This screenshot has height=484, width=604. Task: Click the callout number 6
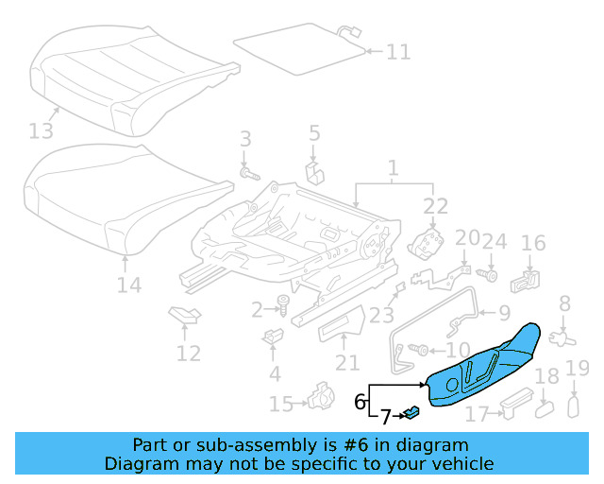tap(360, 401)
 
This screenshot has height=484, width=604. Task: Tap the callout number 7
tap(384, 416)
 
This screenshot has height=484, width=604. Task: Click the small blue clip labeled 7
tap(413, 411)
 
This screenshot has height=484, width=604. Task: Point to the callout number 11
tap(398, 51)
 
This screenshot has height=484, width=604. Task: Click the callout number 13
tap(42, 130)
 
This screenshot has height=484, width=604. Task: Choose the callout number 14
tap(128, 285)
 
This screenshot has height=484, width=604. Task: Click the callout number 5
tap(314, 133)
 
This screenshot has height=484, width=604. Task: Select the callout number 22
tap(435, 207)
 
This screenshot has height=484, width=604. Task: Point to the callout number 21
tap(347, 362)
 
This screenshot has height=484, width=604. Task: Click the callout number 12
tap(188, 354)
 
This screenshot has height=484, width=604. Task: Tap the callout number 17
tap(477, 413)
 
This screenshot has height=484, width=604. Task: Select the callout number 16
tap(533, 244)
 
